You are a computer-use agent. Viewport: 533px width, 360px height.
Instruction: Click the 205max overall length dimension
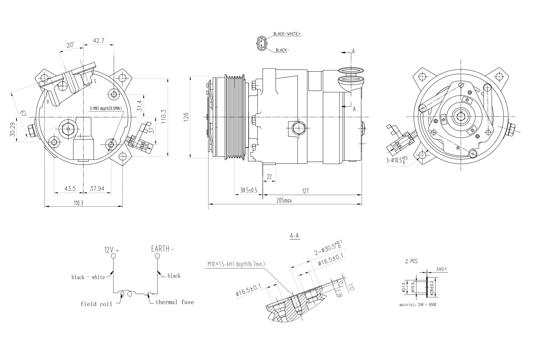284,201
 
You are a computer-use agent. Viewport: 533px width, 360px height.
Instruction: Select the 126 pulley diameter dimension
186,116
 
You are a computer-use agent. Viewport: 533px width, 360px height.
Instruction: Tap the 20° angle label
70,45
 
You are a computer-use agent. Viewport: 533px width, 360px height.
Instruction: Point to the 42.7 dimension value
99,41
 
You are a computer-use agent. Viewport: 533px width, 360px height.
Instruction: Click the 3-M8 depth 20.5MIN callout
106,108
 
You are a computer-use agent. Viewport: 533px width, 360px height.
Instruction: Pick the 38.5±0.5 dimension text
248,190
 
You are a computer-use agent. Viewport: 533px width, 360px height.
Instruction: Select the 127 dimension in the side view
306,191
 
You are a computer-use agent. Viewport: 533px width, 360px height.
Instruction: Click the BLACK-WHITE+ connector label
286,34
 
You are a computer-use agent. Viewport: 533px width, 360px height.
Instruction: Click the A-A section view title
294,236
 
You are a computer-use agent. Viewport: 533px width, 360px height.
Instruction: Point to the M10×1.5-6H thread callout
236,264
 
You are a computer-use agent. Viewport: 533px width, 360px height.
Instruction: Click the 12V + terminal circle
113,256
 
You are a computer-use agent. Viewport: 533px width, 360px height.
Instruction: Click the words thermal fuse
175,302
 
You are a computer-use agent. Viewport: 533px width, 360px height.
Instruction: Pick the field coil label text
96,304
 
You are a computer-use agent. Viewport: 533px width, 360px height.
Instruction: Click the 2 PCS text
411,262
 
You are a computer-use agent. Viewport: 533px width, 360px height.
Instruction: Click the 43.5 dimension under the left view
70,189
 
